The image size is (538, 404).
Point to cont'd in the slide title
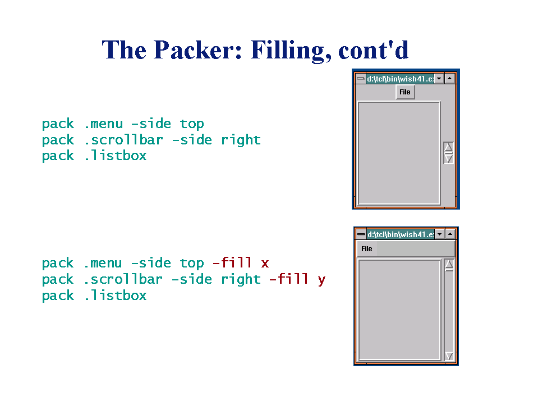[x=373, y=50]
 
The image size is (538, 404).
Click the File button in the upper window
[x=405, y=92]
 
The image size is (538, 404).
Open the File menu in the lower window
[x=367, y=249]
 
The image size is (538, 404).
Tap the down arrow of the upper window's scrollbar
[x=448, y=158]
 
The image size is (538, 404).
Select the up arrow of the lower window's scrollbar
[x=449, y=265]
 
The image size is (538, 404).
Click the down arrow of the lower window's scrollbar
[x=449, y=356]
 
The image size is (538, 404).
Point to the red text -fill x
[x=241, y=263]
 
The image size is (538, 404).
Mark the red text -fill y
[x=297, y=279]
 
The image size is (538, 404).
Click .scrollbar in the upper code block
[x=123, y=140]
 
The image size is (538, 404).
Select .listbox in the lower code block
[x=115, y=296]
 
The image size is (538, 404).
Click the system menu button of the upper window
[x=360, y=79]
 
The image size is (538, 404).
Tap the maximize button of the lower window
[x=449, y=234]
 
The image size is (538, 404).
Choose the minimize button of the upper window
[x=439, y=79]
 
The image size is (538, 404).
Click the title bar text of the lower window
[x=400, y=234]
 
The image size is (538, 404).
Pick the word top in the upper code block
[x=192, y=124]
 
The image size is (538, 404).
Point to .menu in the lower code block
[x=103, y=263]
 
